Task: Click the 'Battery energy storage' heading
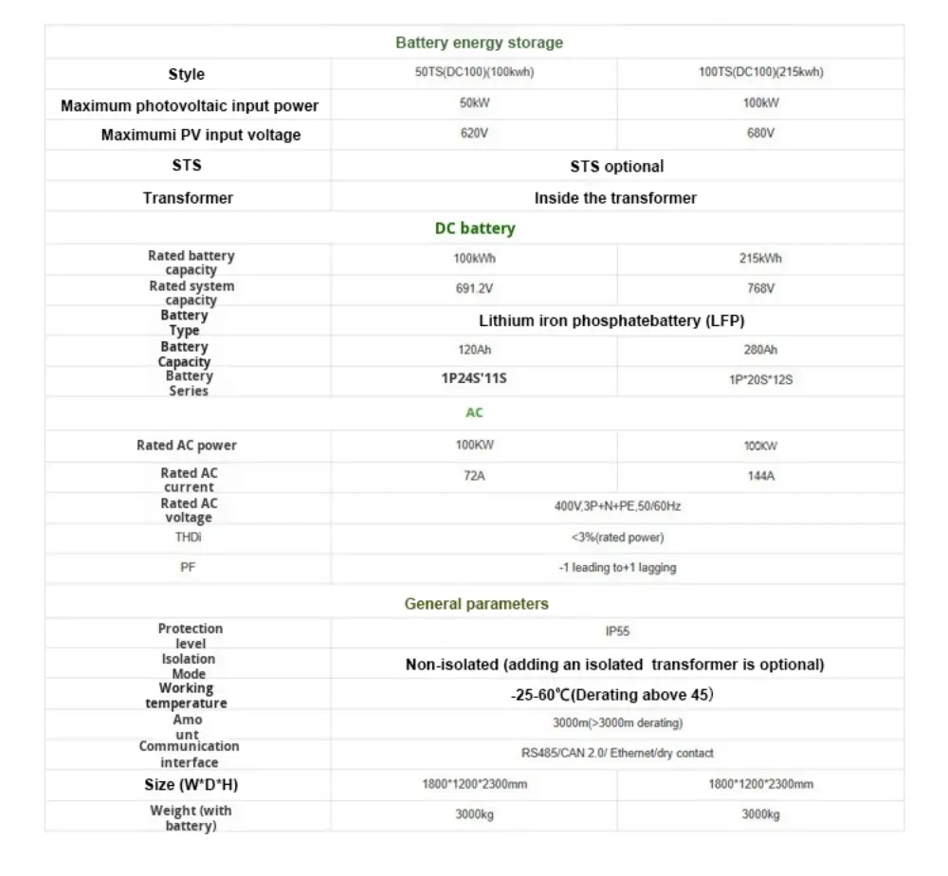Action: point(479,43)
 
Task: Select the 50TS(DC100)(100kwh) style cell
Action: point(474,73)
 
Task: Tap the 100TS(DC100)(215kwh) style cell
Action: point(760,73)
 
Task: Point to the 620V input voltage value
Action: point(474,134)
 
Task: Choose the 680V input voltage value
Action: point(760,134)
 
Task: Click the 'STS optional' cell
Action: point(616,166)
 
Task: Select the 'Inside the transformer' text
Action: point(615,198)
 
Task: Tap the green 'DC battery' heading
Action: point(475,228)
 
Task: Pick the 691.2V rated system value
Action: point(474,288)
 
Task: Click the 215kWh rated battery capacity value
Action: point(760,258)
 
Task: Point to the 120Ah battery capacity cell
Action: point(474,350)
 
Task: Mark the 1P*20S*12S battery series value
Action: point(760,380)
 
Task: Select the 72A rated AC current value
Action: point(474,476)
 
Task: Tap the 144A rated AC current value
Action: point(760,476)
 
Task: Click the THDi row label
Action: point(188,538)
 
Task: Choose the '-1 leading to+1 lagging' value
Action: point(617,568)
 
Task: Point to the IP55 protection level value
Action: point(617,630)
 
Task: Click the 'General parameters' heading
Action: point(476,604)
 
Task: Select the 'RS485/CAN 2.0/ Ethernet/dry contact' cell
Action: point(617,753)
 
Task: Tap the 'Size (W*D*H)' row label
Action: point(187,785)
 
